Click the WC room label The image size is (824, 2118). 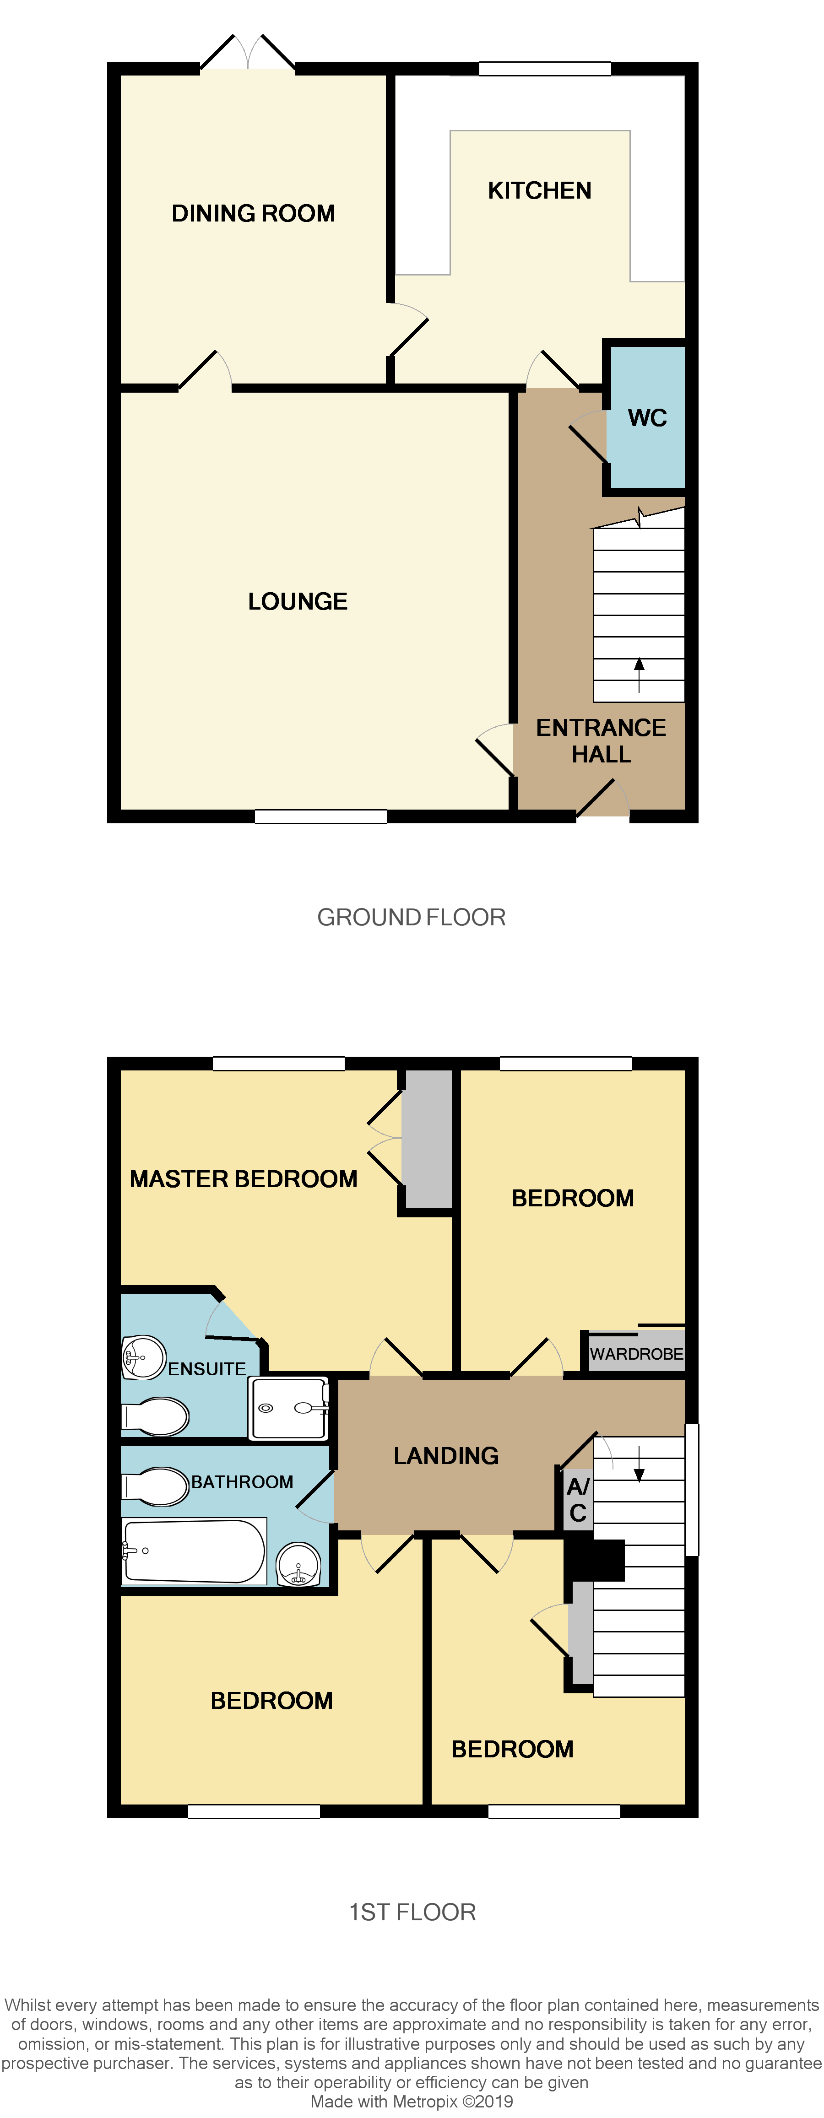[647, 418]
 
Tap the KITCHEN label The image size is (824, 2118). [539, 191]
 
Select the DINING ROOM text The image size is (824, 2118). [253, 214]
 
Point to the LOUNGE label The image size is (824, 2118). [298, 602]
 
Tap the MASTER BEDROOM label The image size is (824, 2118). [244, 1179]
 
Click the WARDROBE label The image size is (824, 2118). [636, 1353]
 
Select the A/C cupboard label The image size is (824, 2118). [578, 1499]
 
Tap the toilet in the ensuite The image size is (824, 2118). [156, 1416]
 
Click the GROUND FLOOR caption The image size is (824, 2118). [411, 918]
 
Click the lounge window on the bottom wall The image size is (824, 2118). [321, 816]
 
